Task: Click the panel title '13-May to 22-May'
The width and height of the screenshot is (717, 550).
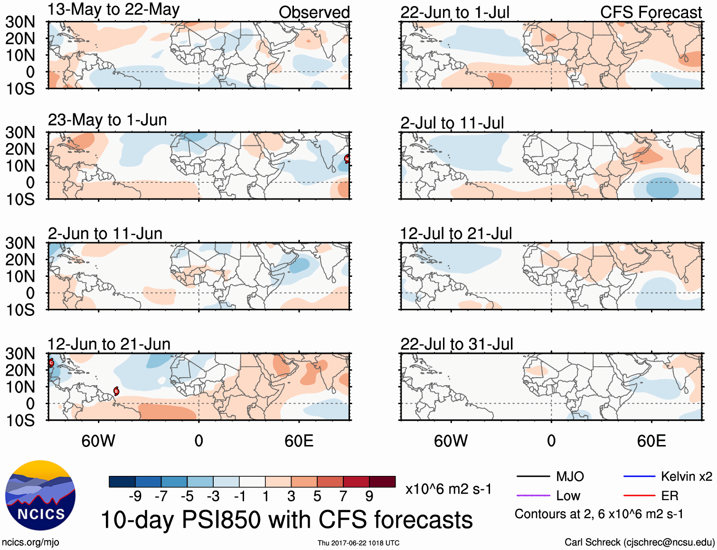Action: [x=113, y=9]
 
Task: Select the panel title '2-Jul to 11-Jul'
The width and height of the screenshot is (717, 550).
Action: [x=452, y=123]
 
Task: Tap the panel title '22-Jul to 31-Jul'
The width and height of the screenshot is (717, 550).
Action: [x=456, y=344]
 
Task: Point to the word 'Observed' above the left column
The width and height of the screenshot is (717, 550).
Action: [x=314, y=12]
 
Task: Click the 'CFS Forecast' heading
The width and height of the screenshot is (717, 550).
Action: [x=651, y=12]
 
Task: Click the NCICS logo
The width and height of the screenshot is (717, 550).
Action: [x=40, y=495]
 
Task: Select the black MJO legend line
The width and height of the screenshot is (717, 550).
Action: [x=533, y=476]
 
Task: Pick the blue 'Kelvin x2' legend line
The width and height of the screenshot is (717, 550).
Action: [x=639, y=476]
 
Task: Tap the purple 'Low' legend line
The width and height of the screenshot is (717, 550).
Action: [x=533, y=496]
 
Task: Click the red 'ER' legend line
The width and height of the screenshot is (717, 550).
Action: [x=639, y=496]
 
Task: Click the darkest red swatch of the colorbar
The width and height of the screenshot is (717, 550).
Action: [x=382, y=482]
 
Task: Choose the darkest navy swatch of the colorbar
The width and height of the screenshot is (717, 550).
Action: [x=122, y=482]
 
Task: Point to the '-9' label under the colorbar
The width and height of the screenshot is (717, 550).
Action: [x=135, y=496]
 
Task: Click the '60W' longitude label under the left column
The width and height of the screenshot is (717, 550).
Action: [x=98, y=441]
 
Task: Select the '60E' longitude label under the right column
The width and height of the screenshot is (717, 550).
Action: [x=651, y=441]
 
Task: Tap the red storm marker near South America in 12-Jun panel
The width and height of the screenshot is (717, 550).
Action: [x=116, y=391]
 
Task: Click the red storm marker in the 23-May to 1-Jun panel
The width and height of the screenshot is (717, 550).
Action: [x=347, y=159]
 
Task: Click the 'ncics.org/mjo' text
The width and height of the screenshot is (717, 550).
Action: [x=30, y=542]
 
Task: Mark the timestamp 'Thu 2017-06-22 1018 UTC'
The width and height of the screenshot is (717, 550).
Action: [x=358, y=543]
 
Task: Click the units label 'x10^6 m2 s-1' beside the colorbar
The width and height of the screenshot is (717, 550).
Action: [x=448, y=489]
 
